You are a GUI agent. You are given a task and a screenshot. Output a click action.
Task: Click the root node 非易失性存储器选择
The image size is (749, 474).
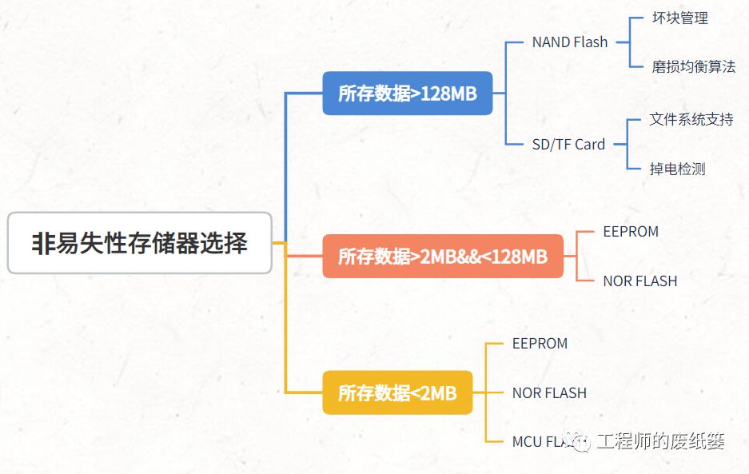point(140,243)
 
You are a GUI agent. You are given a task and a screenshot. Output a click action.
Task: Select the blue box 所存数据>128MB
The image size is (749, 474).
point(407,94)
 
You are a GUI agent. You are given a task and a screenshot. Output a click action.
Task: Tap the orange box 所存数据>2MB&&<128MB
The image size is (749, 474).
point(443,257)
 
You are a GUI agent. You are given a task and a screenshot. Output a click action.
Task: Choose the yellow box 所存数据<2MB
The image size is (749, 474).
point(397,392)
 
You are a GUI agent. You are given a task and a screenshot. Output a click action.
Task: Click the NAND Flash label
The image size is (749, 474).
point(569,42)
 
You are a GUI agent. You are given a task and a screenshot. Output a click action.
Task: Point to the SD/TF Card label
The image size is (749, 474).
point(568,145)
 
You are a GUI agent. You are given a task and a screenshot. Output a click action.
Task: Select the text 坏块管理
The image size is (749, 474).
point(680,18)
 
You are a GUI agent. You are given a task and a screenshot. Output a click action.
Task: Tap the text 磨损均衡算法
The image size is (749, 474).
point(693,67)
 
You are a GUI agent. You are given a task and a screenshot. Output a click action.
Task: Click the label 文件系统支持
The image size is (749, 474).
point(691,120)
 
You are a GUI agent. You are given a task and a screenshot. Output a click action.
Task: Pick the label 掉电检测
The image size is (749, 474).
point(677,169)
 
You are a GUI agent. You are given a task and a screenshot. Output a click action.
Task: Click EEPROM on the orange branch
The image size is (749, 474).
point(631,232)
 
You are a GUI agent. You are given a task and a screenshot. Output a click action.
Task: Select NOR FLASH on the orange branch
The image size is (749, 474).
point(639,281)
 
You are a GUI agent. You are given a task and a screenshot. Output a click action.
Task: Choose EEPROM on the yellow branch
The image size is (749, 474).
point(540,344)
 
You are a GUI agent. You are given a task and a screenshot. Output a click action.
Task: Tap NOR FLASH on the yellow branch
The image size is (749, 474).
point(549,393)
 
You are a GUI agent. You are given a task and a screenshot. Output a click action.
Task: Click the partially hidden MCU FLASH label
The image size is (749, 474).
point(540,442)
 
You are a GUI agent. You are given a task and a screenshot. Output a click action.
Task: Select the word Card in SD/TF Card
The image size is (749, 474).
point(590,145)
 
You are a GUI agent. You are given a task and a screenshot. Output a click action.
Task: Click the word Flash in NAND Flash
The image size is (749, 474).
point(590,42)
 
